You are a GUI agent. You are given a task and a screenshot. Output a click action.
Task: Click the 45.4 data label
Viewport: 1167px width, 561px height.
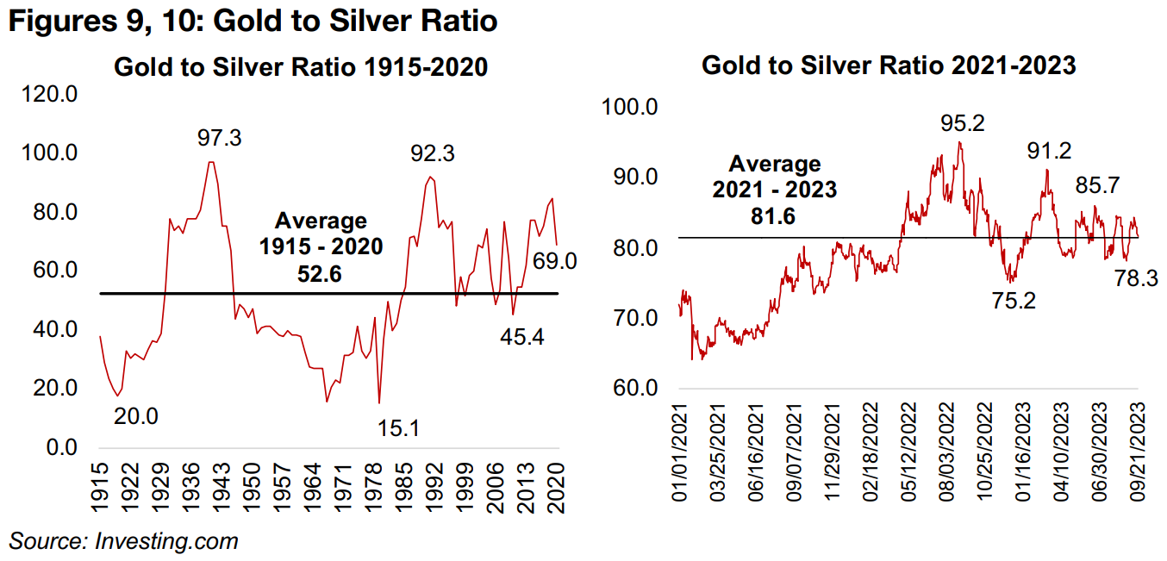(522, 337)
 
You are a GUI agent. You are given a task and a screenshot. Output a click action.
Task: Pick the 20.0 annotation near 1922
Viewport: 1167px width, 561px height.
(137, 415)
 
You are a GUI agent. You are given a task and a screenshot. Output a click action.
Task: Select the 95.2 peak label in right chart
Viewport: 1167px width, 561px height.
(962, 123)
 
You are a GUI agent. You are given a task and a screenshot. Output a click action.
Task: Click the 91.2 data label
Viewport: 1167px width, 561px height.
(1049, 152)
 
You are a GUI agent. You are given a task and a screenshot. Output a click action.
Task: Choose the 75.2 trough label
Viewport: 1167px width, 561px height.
(1014, 301)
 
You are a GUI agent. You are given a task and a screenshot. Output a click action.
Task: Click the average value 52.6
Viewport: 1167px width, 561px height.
(321, 274)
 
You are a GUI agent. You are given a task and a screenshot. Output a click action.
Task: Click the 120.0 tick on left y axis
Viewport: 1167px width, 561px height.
(53, 94)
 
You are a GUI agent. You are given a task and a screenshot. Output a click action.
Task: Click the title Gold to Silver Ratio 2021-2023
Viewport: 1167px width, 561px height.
(889, 65)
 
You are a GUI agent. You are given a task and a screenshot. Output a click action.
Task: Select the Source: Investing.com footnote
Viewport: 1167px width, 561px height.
(123, 541)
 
